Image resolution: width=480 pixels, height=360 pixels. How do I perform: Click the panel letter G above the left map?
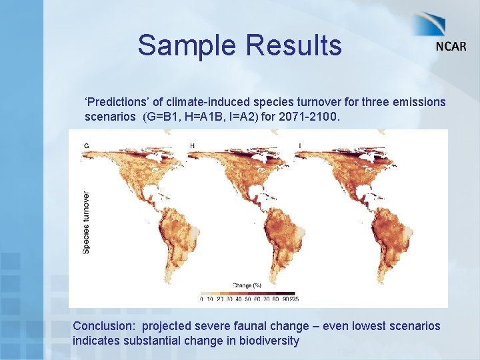click(86, 145)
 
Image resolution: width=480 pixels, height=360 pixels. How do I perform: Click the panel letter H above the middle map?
click(193, 145)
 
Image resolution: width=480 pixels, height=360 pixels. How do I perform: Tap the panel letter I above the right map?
click(299, 145)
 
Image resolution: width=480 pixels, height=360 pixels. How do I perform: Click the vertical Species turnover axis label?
click(86, 222)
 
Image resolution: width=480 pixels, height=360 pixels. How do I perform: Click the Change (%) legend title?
click(247, 285)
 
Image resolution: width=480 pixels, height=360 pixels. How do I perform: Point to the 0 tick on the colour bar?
click(201, 299)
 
